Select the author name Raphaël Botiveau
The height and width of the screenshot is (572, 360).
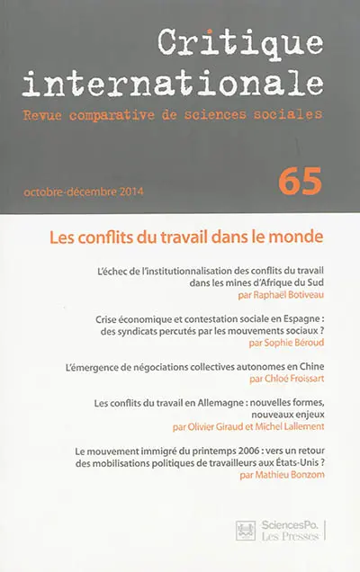(x=281, y=292)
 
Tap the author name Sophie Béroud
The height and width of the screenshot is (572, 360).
(x=290, y=343)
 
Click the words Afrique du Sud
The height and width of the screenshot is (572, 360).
(x=288, y=280)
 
